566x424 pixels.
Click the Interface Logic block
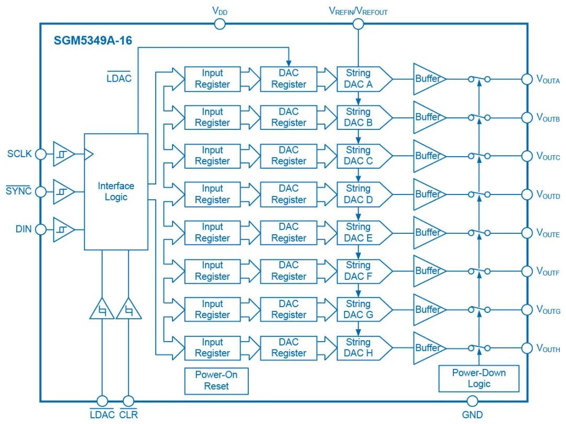click(x=116, y=191)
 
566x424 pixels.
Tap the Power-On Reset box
click(x=216, y=380)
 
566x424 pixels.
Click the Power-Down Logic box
click(x=478, y=378)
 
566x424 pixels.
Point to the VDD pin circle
click(x=220, y=24)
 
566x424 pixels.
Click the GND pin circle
click(x=472, y=401)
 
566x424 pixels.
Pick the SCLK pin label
click(x=19, y=154)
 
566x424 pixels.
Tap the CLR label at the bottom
click(x=128, y=415)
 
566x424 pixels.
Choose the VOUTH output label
click(x=548, y=349)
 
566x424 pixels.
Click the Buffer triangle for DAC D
click(x=428, y=194)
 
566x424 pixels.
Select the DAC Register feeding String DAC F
click(x=288, y=271)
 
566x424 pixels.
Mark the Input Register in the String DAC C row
click(x=212, y=156)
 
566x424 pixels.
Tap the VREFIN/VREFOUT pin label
click(x=358, y=10)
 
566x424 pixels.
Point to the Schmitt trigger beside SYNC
click(x=63, y=191)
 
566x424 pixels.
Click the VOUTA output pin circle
click(x=527, y=79)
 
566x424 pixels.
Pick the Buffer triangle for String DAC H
click(x=428, y=348)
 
